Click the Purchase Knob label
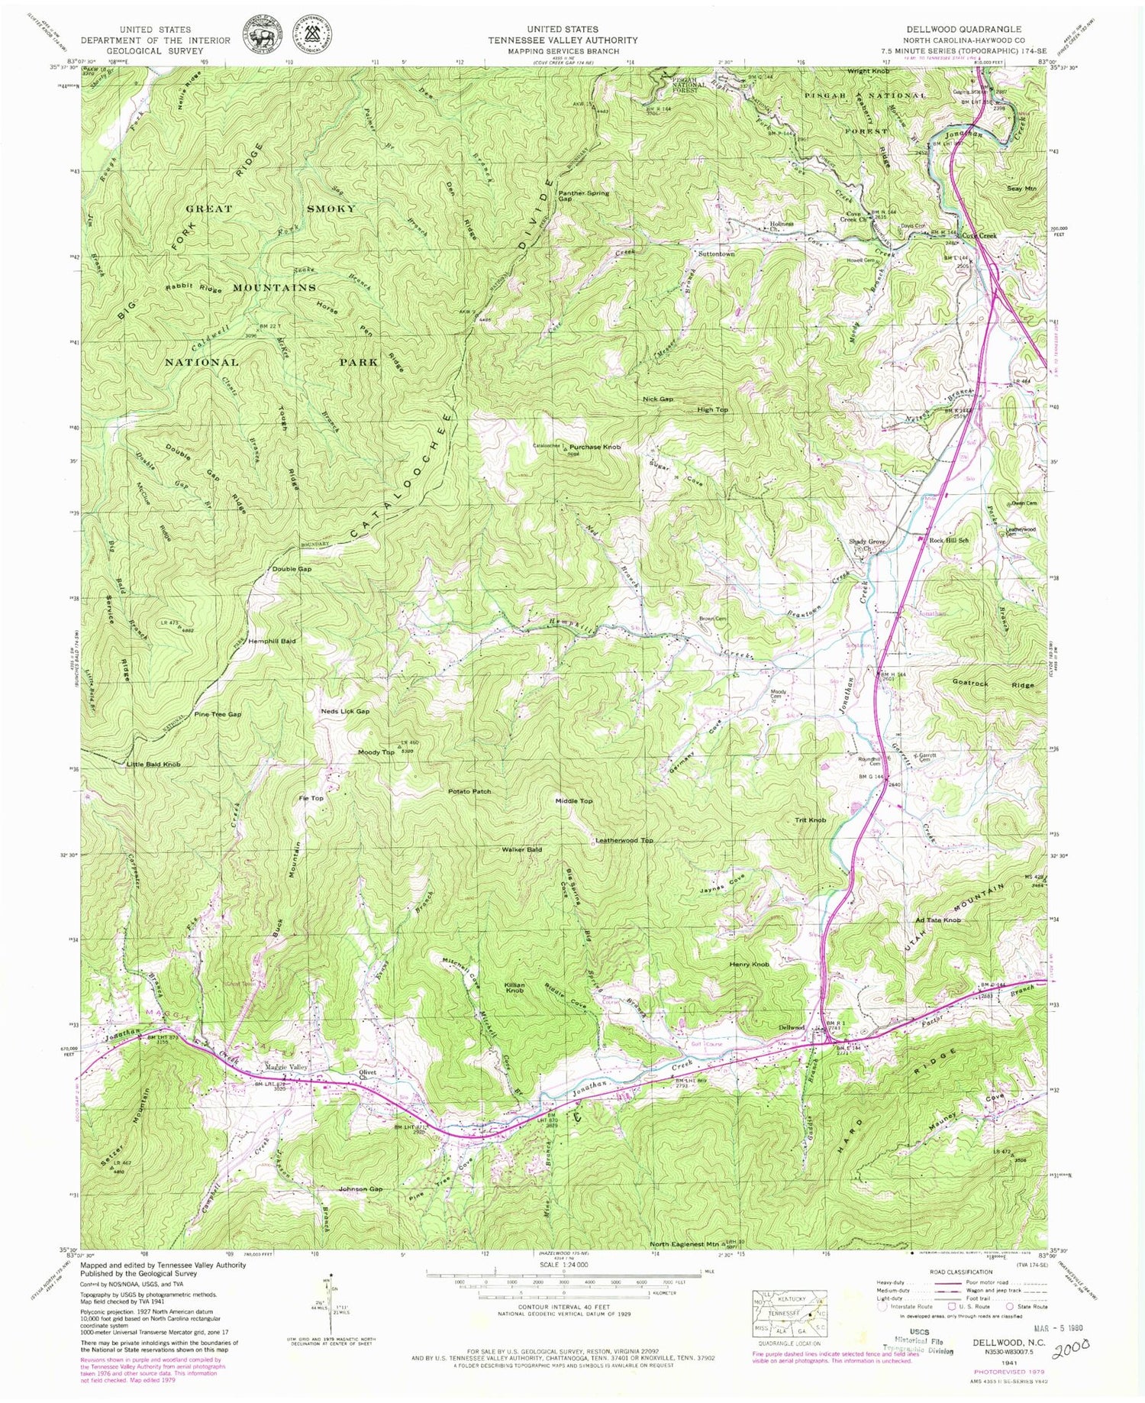(595, 446)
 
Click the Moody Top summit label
(376, 752)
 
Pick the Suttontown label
(716, 254)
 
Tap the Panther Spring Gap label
(583, 196)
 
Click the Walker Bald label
(522, 849)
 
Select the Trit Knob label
(811, 820)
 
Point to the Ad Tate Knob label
(937, 920)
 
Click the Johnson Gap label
(360, 1189)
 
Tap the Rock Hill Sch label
(949, 540)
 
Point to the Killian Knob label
(514, 987)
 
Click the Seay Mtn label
(1021, 188)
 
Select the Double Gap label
(292, 569)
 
